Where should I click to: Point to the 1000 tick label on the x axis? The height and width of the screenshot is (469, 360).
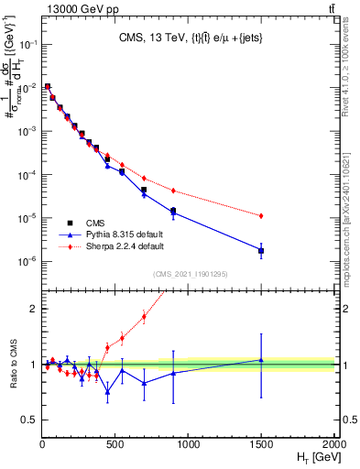coord(189,442)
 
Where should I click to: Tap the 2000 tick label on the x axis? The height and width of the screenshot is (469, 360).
coord(334,442)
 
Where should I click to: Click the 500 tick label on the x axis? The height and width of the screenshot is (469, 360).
coord(115,442)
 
